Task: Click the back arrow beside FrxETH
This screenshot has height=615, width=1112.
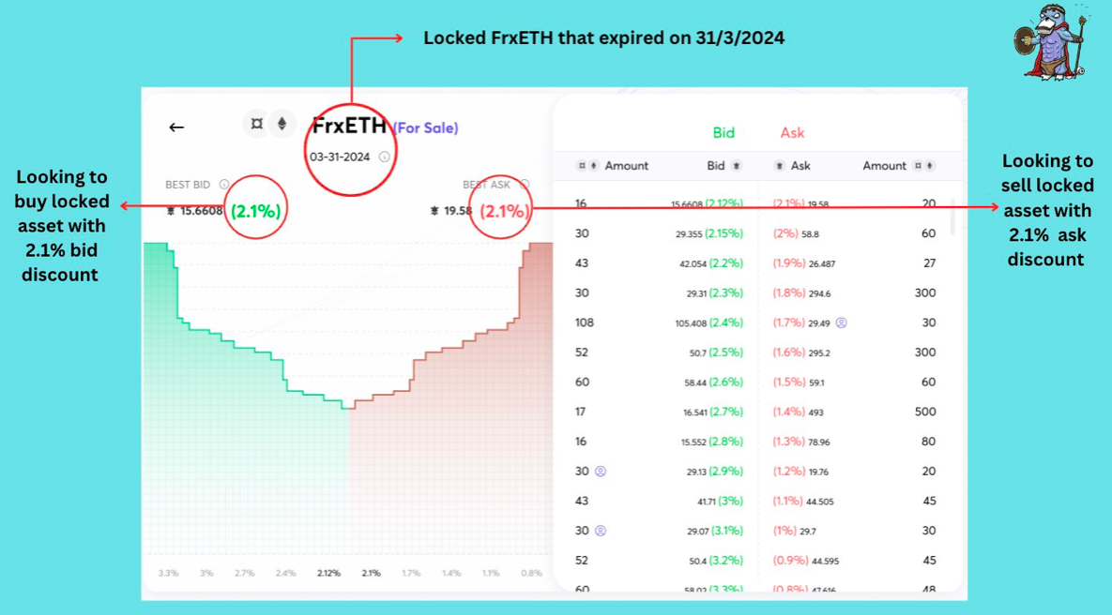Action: click(x=176, y=127)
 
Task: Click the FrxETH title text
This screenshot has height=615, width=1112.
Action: click(x=349, y=126)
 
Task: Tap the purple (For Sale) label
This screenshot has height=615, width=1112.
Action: click(x=425, y=128)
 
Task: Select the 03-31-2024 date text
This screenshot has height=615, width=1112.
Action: click(x=340, y=157)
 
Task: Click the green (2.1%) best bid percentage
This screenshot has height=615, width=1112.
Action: click(x=255, y=211)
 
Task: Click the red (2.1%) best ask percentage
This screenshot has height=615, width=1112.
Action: click(x=503, y=211)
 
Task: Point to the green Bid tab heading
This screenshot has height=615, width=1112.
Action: click(x=723, y=133)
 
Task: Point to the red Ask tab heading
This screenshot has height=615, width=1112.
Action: click(x=792, y=133)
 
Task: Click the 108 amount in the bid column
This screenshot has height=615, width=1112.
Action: click(x=584, y=322)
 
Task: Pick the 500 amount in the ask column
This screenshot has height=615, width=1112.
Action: click(x=925, y=412)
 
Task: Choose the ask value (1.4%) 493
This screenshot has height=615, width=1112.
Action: click(x=798, y=412)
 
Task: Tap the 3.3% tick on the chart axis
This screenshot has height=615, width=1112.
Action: click(x=168, y=573)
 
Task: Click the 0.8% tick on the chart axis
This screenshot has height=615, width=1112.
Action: click(x=531, y=573)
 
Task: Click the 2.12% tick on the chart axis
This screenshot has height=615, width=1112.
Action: click(x=328, y=573)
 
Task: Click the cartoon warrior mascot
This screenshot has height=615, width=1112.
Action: click(x=1051, y=42)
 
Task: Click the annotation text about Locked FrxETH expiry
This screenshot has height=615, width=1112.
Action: click(x=603, y=38)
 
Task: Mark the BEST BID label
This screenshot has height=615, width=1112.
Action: click(x=188, y=185)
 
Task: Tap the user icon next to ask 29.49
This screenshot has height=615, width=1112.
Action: click(x=841, y=322)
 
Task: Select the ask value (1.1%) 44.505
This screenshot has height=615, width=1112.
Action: click(x=802, y=502)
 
